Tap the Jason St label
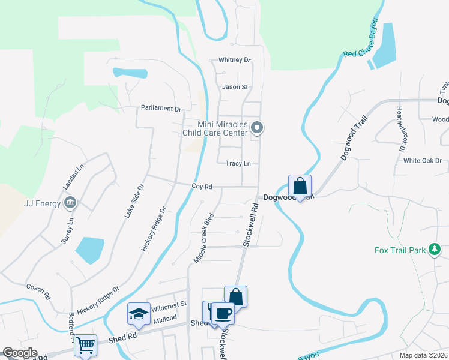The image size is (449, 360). pos(235,87)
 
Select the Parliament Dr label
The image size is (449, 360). pos(161,109)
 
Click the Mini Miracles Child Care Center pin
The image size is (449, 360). pos(258,127)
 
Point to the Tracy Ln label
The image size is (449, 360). pos(238,163)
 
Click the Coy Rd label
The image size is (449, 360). pos(202,187)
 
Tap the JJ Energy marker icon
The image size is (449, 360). pos(71,203)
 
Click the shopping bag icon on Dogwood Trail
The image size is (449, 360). pos(300,185)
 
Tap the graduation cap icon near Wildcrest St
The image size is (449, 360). pos(139,313)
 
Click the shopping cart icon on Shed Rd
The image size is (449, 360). pos(86,344)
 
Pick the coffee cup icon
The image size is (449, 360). pos(223,313)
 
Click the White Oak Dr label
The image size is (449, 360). pos(422,161)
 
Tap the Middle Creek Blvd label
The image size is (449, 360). pos(204,238)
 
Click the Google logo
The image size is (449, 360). pos(20,353)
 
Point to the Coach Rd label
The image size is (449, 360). pos(37,290)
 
